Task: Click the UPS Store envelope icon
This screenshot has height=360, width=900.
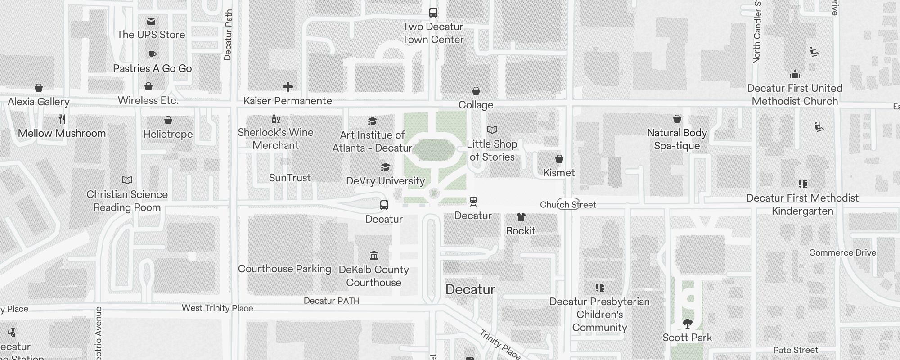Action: click(151, 21)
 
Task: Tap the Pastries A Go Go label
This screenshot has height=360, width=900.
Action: click(152, 68)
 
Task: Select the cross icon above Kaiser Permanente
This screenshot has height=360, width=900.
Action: click(288, 87)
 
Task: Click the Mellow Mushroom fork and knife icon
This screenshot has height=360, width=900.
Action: click(62, 119)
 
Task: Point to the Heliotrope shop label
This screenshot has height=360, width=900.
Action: click(168, 134)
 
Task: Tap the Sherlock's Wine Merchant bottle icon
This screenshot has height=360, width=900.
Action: click(275, 119)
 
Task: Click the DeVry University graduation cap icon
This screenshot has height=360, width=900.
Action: click(385, 167)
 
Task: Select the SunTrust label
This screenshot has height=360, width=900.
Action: click(290, 178)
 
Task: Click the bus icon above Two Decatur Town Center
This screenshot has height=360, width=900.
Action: click(433, 13)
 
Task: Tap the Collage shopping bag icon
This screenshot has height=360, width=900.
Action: click(476, 91)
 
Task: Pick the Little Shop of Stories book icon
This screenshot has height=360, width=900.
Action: click(492, 130)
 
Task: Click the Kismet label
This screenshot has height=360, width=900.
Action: click(559, 173)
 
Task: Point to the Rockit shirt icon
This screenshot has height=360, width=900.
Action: click(521, 217)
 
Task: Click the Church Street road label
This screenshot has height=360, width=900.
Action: click(568, 205)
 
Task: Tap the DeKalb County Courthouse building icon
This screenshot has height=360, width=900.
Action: click(373, 256)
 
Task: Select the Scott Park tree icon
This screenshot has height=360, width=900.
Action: click(687, 323)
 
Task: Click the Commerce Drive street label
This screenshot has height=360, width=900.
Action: click(842, 253)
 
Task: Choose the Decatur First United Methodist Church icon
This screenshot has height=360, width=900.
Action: click(795, 74)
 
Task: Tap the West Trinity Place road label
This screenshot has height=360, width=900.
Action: click(217, 308)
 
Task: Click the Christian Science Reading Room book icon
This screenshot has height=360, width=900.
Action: click(127, 180)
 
